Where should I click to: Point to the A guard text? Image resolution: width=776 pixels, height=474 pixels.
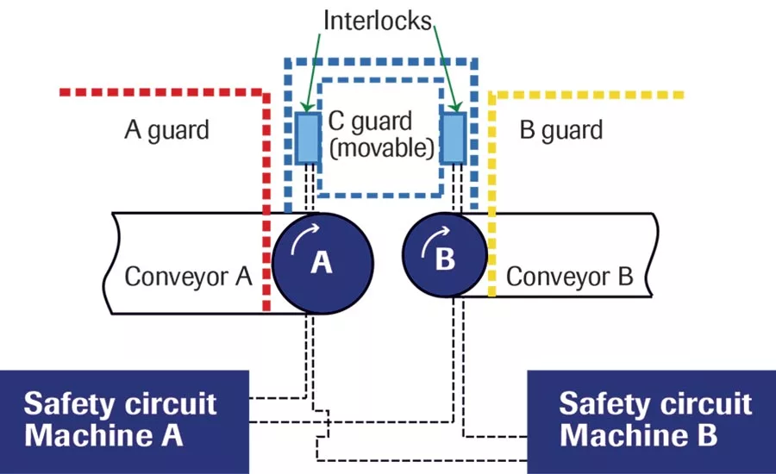(166, 130)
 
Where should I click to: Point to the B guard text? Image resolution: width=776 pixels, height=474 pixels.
(561, 130)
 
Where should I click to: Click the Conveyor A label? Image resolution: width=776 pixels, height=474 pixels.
(188, 277)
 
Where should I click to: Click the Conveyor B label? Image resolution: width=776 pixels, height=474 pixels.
(569, 277)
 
